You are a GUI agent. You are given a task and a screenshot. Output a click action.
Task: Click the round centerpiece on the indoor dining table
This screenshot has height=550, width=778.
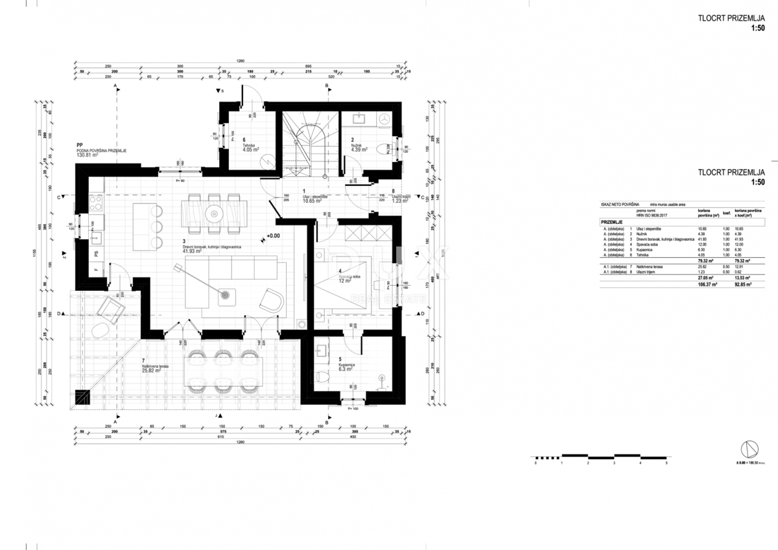pyautogui.click(x=213, y=212)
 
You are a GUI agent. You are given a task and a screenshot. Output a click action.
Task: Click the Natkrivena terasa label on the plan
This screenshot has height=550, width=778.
pyautogui.click(x=155, y=367)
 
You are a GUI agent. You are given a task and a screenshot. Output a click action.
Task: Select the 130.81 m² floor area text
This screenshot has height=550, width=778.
pyautogui.click(x=87, y=155)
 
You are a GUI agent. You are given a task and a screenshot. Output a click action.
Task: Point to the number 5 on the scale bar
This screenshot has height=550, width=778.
pyautogui.click(x=666, y=464)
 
